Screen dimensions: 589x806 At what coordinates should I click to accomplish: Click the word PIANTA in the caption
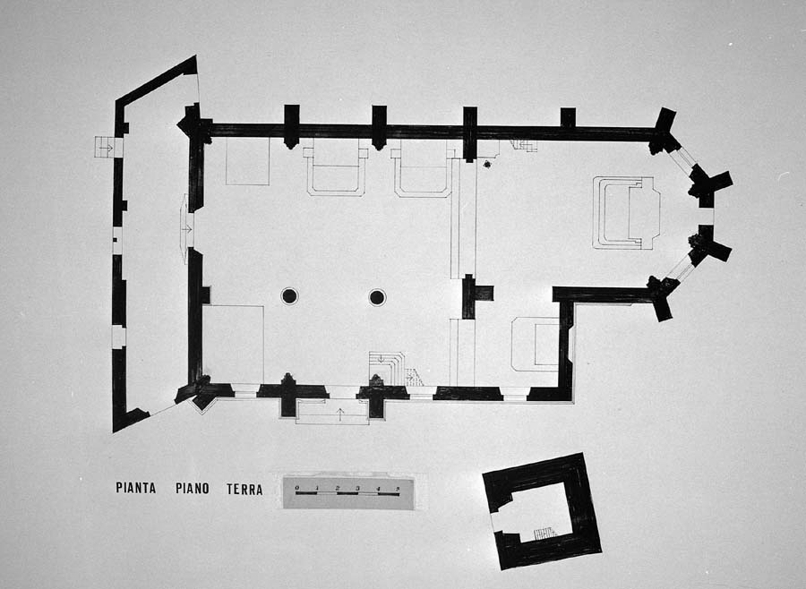pyautogui.click(x=135, y=489)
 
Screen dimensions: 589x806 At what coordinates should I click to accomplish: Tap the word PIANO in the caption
pyautogui.click(x=193, y=489)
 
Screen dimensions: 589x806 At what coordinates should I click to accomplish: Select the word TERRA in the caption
pyautogui.click(x=244, y=489)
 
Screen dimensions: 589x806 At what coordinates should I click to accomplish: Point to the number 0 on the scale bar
pyautogui.click(x=297, y=488)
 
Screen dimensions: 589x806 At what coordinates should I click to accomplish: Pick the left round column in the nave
pyautogui.click(x=289, y=296)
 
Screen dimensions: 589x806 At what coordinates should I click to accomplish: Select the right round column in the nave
pyautogui.click(x=377, y=296)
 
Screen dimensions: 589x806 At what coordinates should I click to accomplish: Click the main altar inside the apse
pyautogui.click(x=627, y=213)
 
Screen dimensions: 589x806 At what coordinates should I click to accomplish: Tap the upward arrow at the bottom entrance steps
pyautogui.click(x=339, y=413)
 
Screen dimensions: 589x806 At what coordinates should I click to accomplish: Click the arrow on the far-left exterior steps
pyautogui.click(x=104, y=146)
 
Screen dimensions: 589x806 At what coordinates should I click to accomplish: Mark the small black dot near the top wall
pyautogui.click(x=486, y=165)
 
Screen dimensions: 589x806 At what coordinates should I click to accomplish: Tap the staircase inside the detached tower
pyautogui.click(x=544, y=534)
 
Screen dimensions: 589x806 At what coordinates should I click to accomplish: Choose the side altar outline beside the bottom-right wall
pyautogui.click(x=536, y=344)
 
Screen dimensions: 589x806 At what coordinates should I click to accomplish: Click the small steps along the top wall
pyautogui.click(x=524, y=145)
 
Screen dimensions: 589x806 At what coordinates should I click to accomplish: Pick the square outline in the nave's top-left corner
pyautogui.click(x=247, y=162)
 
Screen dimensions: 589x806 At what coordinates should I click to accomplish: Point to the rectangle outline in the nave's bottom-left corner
pyautogui.click(x=233, y=345)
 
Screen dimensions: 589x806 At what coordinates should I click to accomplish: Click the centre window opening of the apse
pyautogui.click(x=706, y=216)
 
